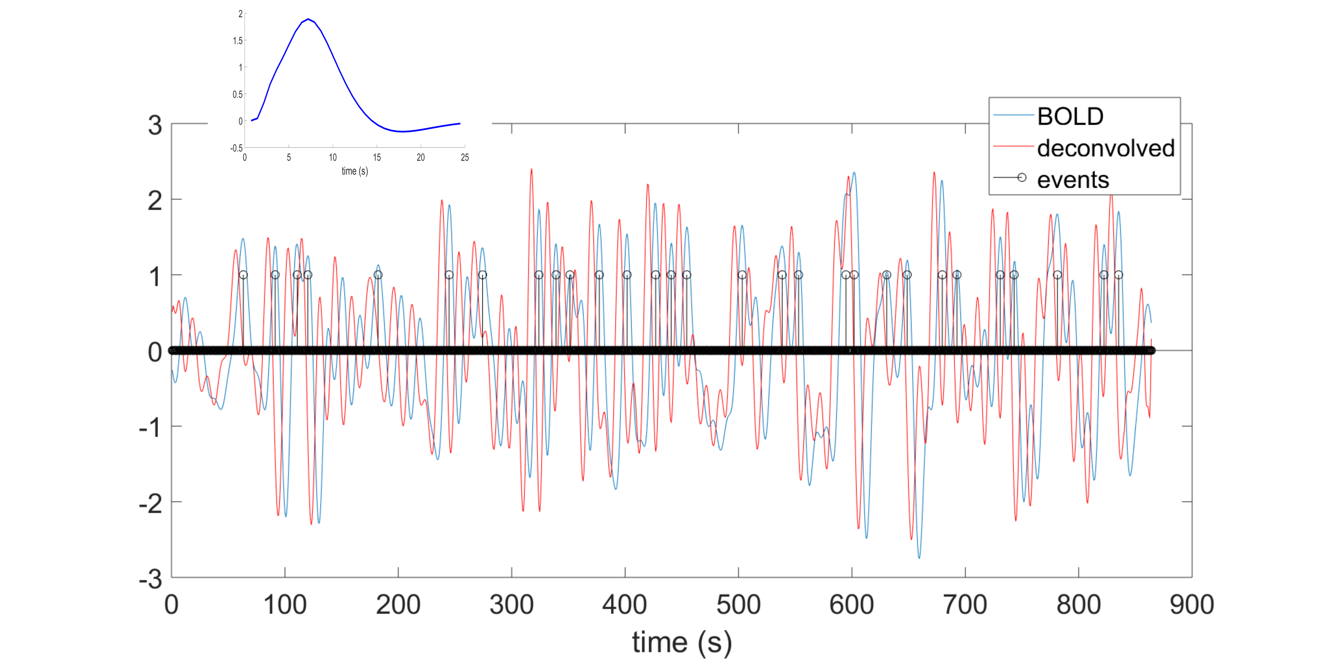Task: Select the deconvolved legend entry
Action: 1105,148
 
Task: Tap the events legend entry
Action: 1073,180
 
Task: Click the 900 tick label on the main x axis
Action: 1192,605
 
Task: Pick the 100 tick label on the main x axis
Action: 285,605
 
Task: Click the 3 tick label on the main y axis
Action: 155,125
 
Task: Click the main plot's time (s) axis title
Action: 682,642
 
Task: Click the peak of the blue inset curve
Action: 308,19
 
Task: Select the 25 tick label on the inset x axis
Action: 464,157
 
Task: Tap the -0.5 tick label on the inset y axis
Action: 236,148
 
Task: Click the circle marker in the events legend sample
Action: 1022,178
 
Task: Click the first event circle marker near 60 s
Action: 243,275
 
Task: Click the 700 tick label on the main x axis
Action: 965,605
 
